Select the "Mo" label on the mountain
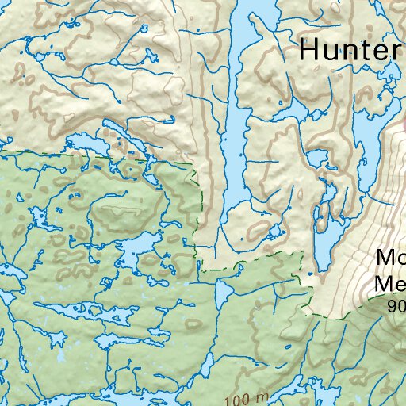tap(390, 259)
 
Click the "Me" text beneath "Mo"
tap(390, 284)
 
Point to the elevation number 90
tap(396, 304)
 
